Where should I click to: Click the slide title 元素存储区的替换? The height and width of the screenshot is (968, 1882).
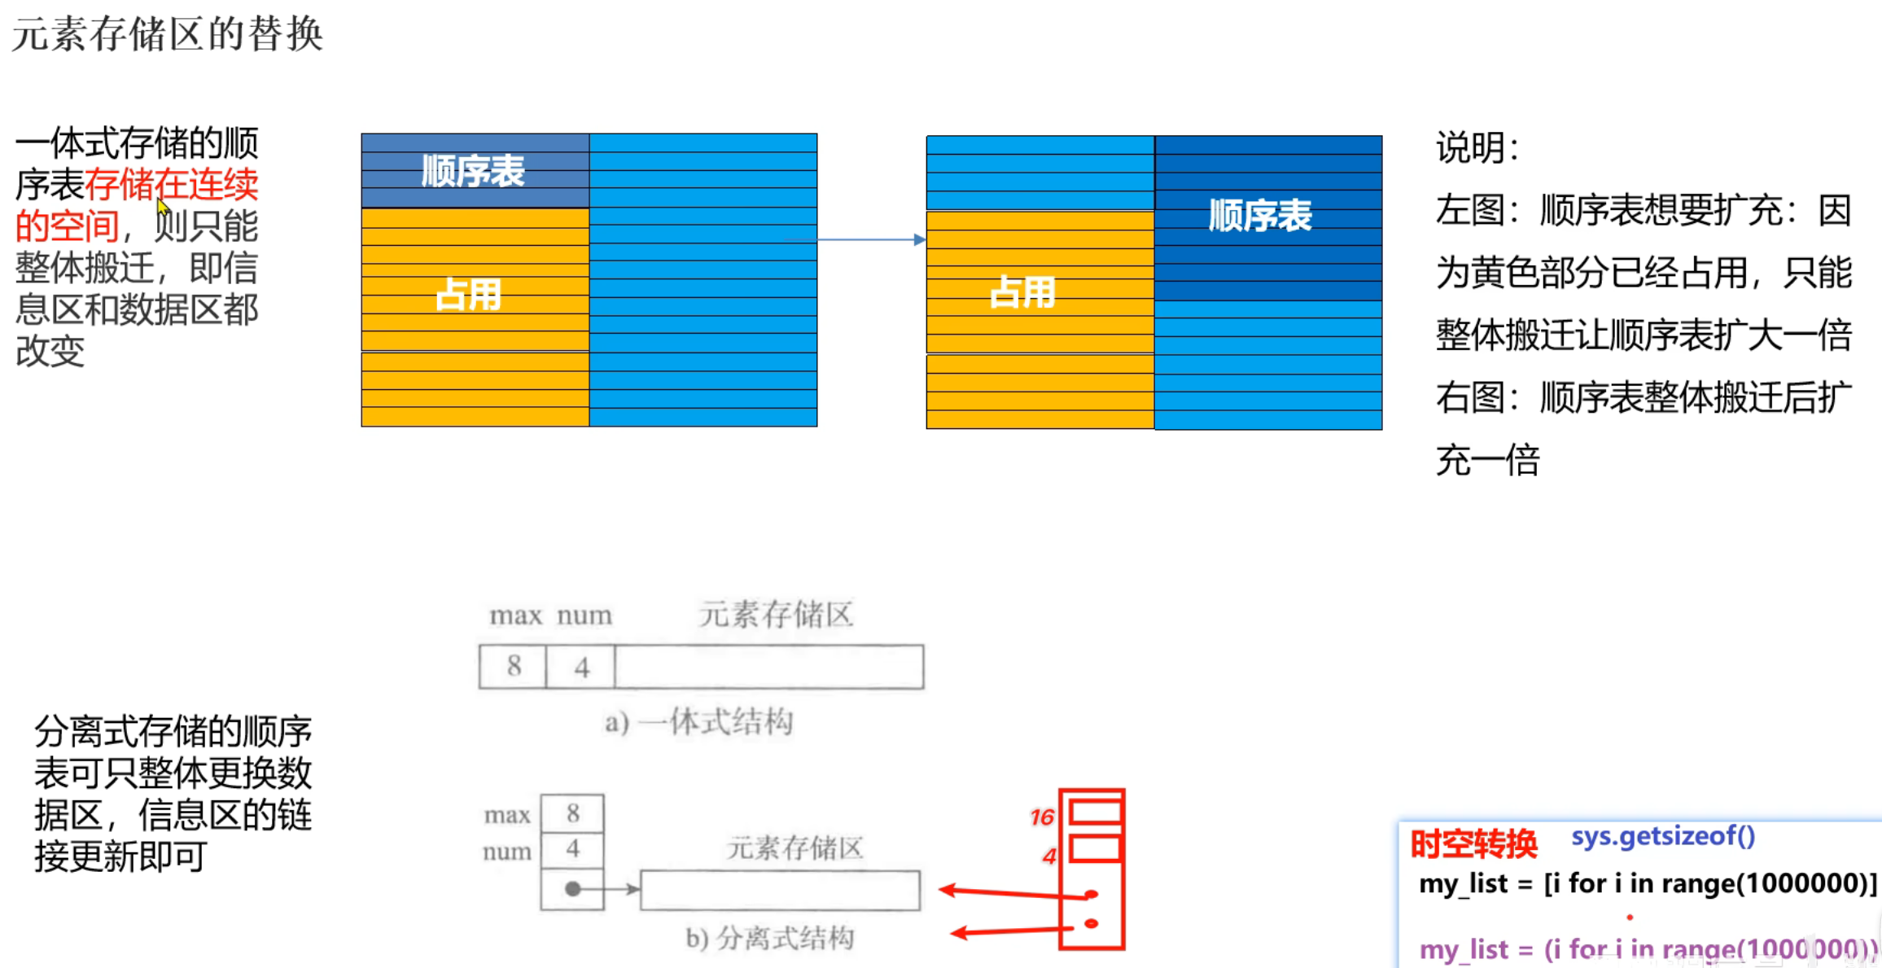pos(168,34)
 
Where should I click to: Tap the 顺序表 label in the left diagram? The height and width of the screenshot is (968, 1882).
pos(473,171)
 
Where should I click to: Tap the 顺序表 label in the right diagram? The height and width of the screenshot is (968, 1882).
pos(1260,216)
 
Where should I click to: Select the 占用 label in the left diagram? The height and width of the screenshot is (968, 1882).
pos(468,294)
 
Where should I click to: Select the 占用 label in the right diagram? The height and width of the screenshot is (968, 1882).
pos(1022,291)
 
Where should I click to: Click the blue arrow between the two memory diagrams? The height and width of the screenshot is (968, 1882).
pos(871,239)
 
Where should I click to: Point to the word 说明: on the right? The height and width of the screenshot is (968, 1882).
pos(1477,148)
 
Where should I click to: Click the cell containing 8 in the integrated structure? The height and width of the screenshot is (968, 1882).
pos(513,667)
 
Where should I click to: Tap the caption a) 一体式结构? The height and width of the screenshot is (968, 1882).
pos(698,721)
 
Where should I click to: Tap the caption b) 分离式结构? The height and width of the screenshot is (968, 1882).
pos(770,938)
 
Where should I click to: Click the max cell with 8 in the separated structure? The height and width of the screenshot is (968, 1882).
pos(572,813)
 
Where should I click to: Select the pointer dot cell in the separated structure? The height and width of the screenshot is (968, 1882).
pos(572,889)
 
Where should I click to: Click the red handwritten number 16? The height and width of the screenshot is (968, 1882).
pos(1041,817)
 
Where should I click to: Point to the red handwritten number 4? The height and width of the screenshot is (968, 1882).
pos(1048,856)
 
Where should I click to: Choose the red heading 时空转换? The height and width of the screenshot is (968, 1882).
pos(1473,844)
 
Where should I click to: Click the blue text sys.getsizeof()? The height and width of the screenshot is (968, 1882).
pos(1663,836)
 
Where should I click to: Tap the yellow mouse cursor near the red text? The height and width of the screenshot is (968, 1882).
pos(163,206)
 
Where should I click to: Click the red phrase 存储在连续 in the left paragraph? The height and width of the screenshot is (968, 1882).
pos(172,185)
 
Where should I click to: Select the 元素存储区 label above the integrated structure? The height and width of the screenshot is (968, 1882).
pos(776,615)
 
